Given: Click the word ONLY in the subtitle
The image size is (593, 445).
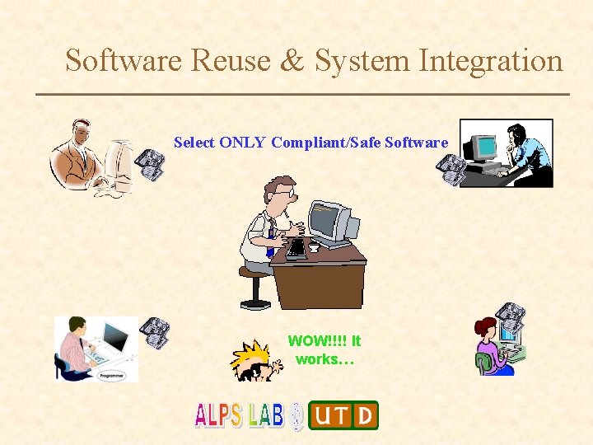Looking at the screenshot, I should point(243,143).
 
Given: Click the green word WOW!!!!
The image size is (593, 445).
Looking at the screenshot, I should point(316,340).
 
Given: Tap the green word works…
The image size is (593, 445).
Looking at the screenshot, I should point(325,359).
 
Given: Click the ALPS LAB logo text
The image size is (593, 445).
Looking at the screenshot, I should point(239,415).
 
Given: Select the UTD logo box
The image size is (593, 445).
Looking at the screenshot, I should point(343,415).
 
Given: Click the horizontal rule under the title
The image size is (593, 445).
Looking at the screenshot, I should point(302,95).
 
